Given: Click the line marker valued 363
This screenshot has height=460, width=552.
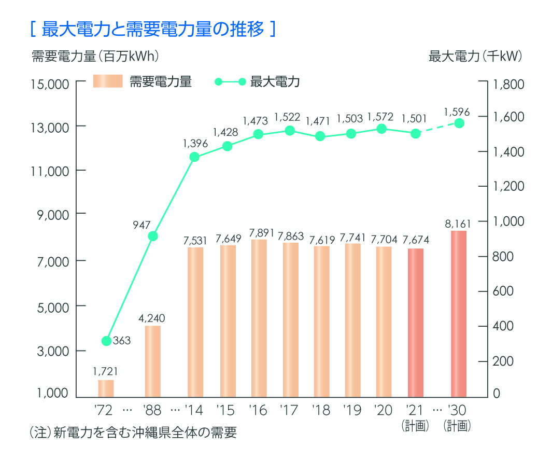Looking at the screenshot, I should [x=107, y=341].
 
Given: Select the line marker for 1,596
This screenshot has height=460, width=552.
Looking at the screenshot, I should [x=459, y=123].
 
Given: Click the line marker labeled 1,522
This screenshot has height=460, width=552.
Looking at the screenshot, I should [x=290, y=131].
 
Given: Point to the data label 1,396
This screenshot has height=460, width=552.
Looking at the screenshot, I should [x=195, y=144].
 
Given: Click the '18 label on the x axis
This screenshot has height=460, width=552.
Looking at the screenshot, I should [x=321, y=411].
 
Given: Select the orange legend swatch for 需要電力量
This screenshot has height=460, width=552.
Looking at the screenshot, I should [x=108, y=81].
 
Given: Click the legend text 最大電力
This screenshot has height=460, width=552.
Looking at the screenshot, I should [x=275, y=82].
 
